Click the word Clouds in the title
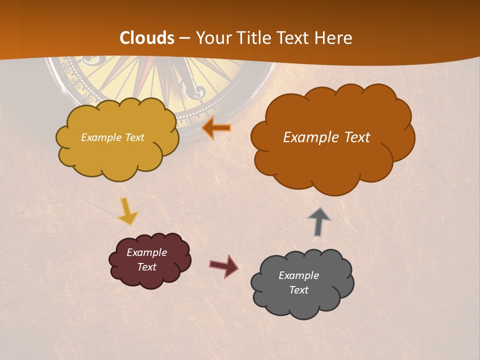coord(147,38)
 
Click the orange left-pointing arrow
coord(217,128)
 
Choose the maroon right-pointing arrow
coord(224,265)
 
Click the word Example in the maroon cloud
coord(146,252)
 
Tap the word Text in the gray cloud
coord(298,290)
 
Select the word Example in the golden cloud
coord(99,137)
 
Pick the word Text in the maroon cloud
coord(146,267)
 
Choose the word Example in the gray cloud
coord(298,275)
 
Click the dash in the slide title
coord(184,38)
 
